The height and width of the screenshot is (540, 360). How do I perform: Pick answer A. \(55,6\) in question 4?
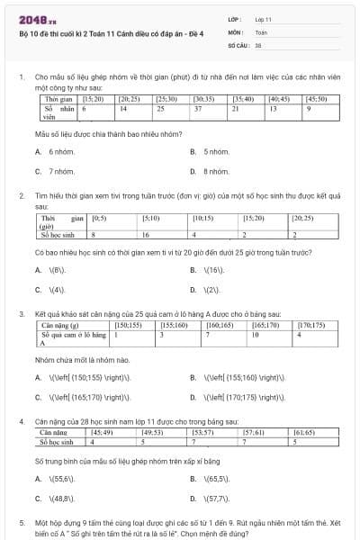pos(61,478)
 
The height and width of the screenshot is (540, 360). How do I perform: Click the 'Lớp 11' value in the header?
pos(264,18)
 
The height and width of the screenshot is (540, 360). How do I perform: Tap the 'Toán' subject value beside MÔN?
pos(261,31)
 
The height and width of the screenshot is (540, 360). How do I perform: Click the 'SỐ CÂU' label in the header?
pos(238,43)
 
